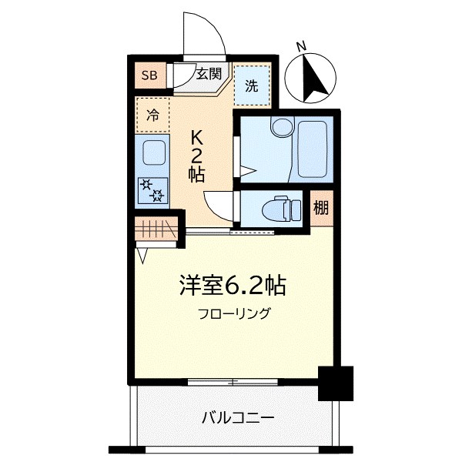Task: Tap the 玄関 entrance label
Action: tap(208, 75)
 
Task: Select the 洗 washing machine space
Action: tap(253, 86)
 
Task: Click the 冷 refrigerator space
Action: tap(152, 116)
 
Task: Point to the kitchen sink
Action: tap(154, 153)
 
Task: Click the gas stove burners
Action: tap(152, 190)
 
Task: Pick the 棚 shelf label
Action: tap(320, 208)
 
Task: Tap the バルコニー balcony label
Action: tap(238, 418)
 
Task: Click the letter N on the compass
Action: tap(303, 47)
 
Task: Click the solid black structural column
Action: tap(335, 383)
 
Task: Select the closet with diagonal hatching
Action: tap(156, 229)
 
